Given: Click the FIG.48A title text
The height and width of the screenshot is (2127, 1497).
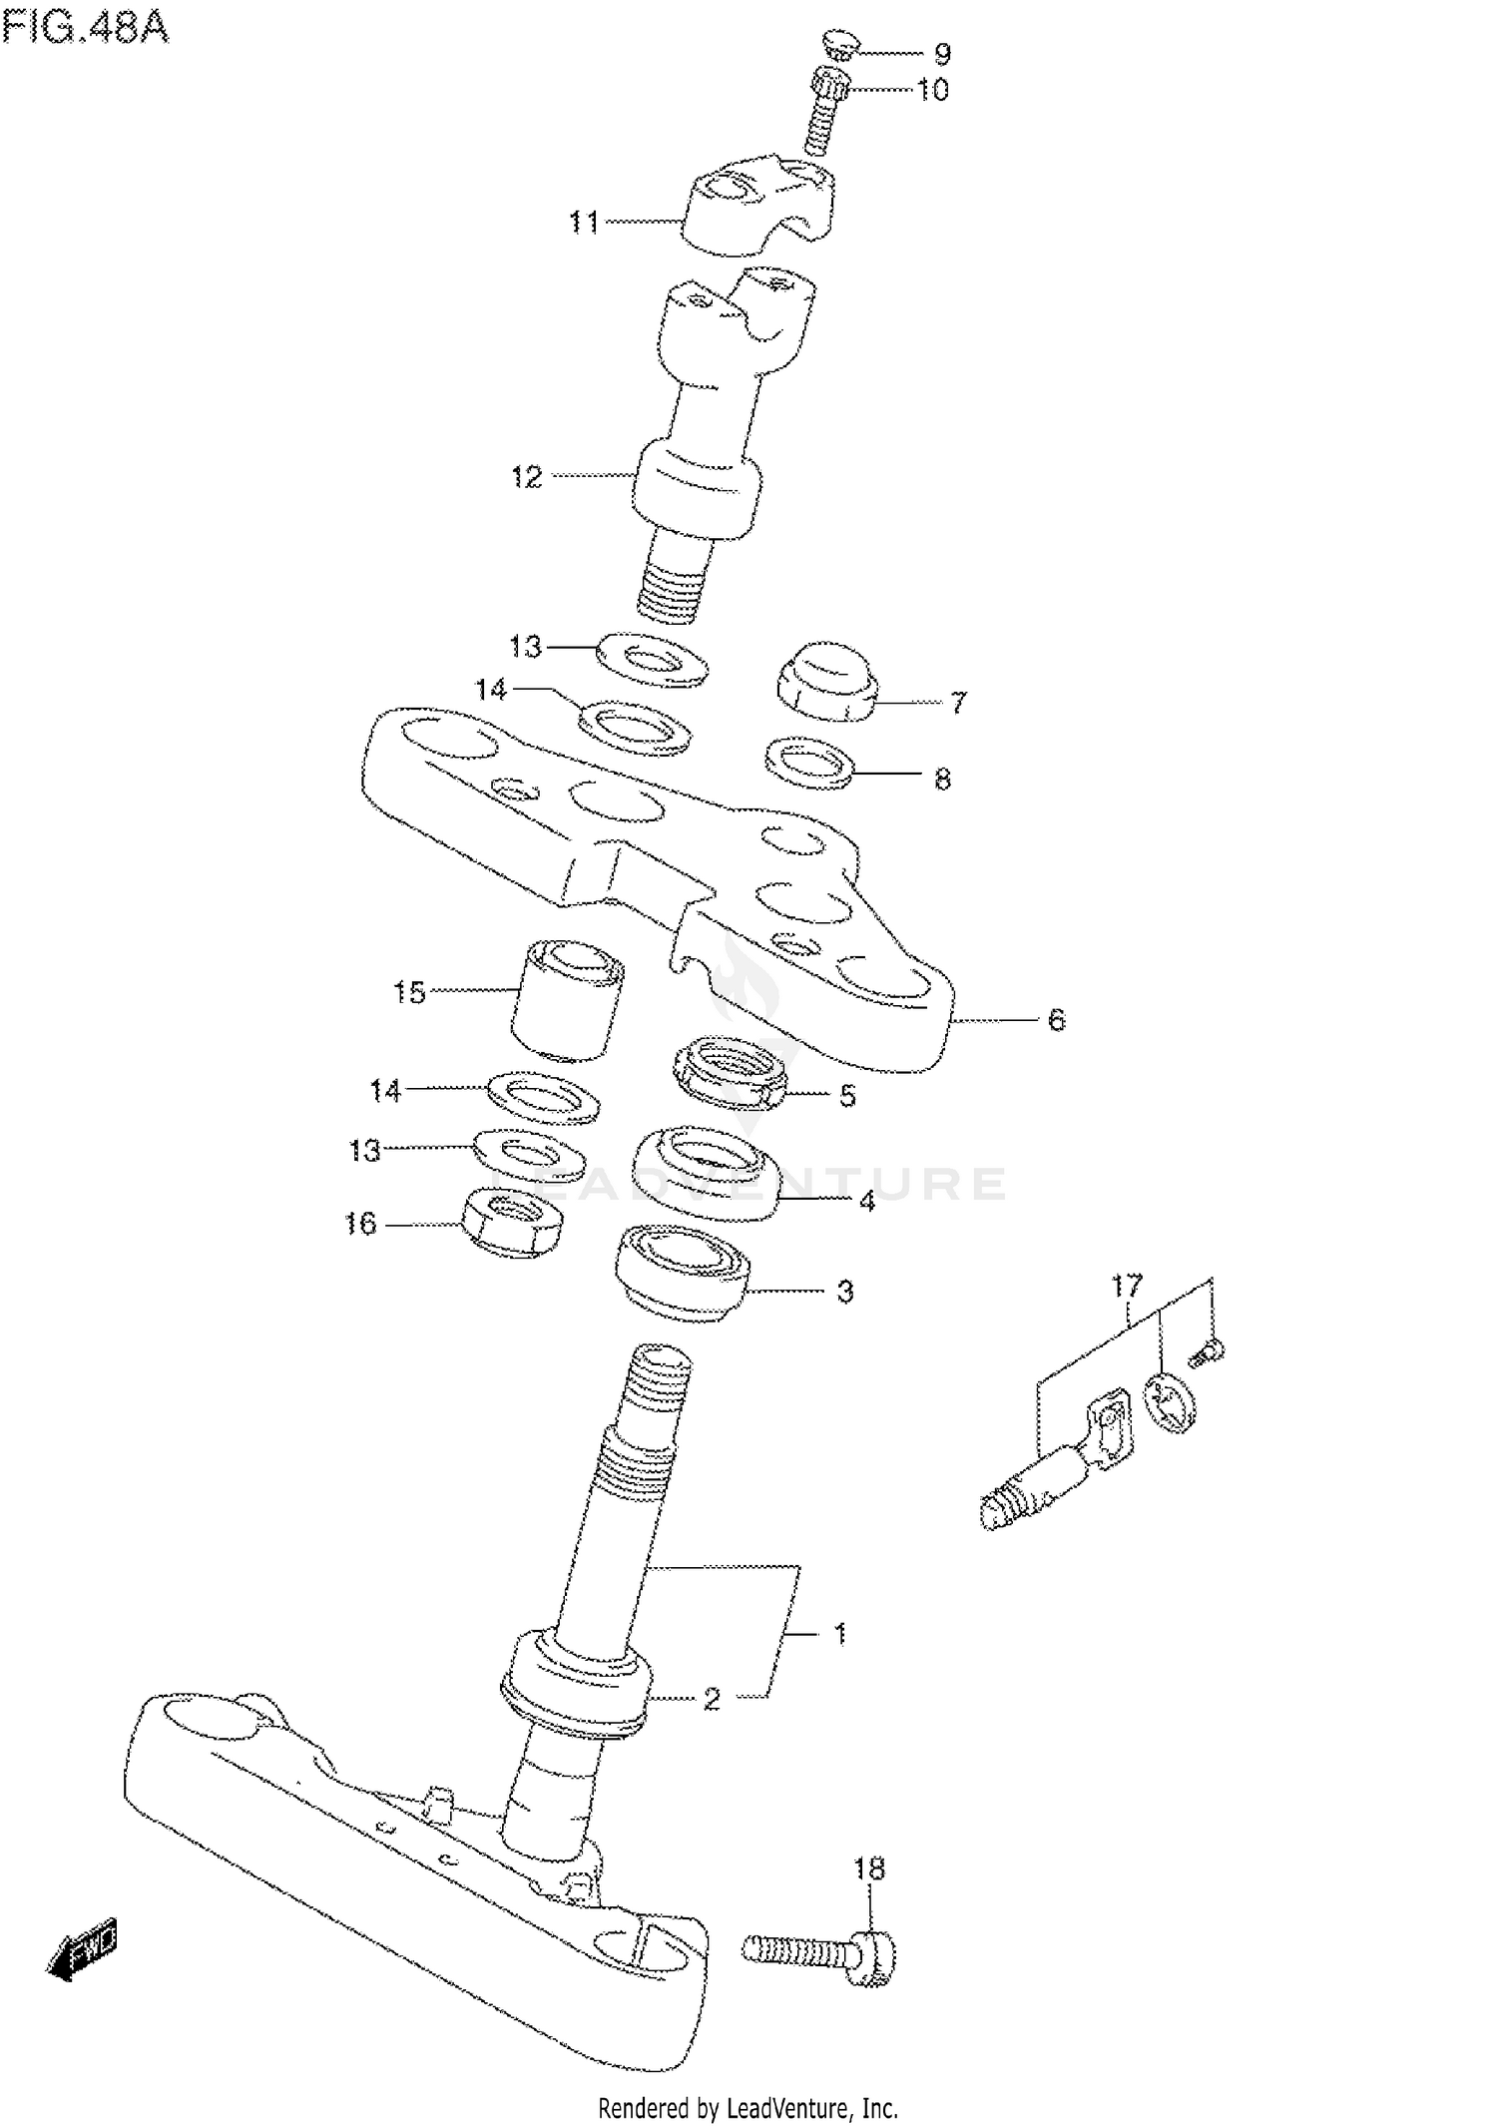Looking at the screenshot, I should pos(86,27).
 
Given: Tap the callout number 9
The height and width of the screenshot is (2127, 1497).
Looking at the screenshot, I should pos(941,54).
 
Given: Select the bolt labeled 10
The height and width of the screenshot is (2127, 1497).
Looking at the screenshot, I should pos(824,110).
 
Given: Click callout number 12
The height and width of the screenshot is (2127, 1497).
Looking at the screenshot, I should pos(526,477).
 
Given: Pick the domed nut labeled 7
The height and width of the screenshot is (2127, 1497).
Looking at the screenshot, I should pos(828,680).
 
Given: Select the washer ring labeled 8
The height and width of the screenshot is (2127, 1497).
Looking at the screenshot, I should pos(810,763).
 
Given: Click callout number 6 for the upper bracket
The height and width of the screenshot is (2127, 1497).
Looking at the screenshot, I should pos(1056,1020).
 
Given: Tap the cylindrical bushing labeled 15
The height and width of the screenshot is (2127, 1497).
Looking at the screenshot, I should pos(568,1000).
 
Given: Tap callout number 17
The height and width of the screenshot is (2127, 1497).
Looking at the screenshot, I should pos(1126,1286).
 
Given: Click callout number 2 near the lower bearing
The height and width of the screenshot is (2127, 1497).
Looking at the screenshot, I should pos(711,1699).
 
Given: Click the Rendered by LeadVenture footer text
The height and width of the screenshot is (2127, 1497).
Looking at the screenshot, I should pos(748,2108).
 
